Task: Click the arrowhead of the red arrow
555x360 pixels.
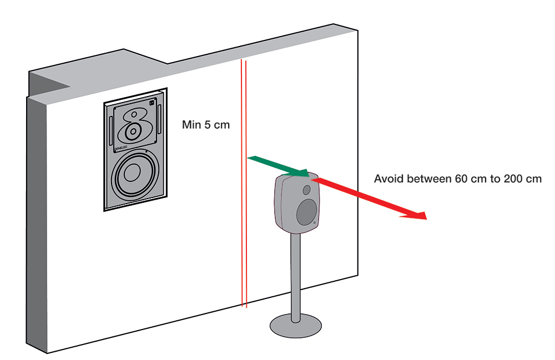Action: (416, 215)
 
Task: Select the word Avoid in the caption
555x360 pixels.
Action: (387, 179)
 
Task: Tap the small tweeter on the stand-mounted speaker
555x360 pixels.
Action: (306, 190)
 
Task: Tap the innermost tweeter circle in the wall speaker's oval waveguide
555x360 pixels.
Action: (133, 132)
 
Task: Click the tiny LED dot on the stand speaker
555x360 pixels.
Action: (315, 224)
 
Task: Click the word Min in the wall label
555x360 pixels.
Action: (191, 125)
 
